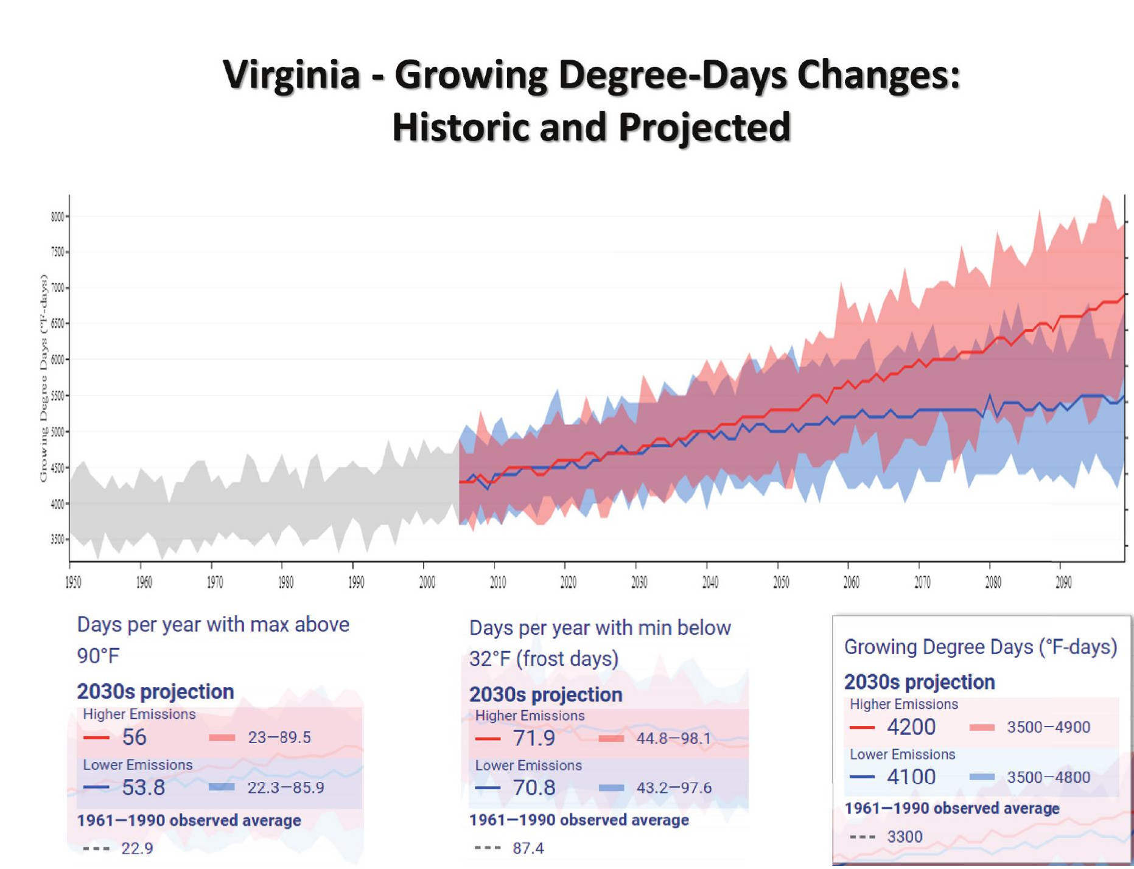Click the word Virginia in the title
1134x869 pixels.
[291, 75]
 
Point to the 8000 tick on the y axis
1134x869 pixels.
[58, 217]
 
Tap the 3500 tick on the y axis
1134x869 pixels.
[58, 539]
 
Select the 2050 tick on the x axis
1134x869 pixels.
[781, 582]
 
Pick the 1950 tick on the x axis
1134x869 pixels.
[73, 582]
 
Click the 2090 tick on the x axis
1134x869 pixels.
[1063, 582]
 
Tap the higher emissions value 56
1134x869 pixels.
[135, 738]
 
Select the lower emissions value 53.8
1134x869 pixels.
[144, 787]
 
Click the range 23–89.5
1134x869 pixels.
[279, 738]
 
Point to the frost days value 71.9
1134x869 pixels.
[534, 738]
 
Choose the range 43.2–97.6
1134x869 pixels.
[674, 788]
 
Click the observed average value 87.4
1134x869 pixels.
[528, 848]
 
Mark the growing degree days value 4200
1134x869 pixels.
[911, 727]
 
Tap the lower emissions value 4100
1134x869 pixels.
[911, 777]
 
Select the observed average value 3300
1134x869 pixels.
[905, 837]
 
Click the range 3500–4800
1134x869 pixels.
[1048, 777]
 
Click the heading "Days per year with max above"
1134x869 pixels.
[213, 625]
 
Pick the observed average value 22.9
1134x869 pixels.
[137, 848]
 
